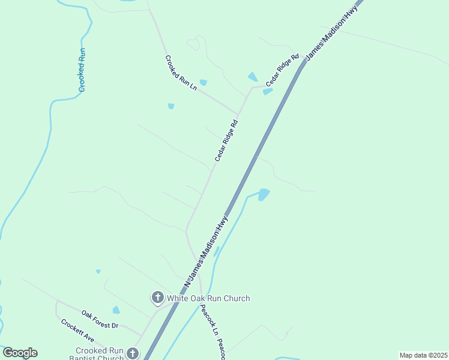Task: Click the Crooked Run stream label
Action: coord(82,70)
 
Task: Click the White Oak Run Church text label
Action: coord(208,298)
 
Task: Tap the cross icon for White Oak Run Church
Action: coord(157,297)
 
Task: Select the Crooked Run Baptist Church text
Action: coord(100,354)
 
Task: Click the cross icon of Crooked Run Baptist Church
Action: coord(133,353)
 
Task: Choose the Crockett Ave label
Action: coord(77,331)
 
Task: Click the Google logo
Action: coord(20,353)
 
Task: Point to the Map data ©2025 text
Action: coord(423,355)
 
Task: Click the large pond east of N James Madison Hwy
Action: coord(264,194)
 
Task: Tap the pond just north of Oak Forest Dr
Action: coord(116,310)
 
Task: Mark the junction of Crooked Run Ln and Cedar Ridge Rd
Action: coord(238,114)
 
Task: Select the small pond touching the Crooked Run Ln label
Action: coord(203,82)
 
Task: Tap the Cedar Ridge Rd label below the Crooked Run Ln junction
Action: coord(227,140)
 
